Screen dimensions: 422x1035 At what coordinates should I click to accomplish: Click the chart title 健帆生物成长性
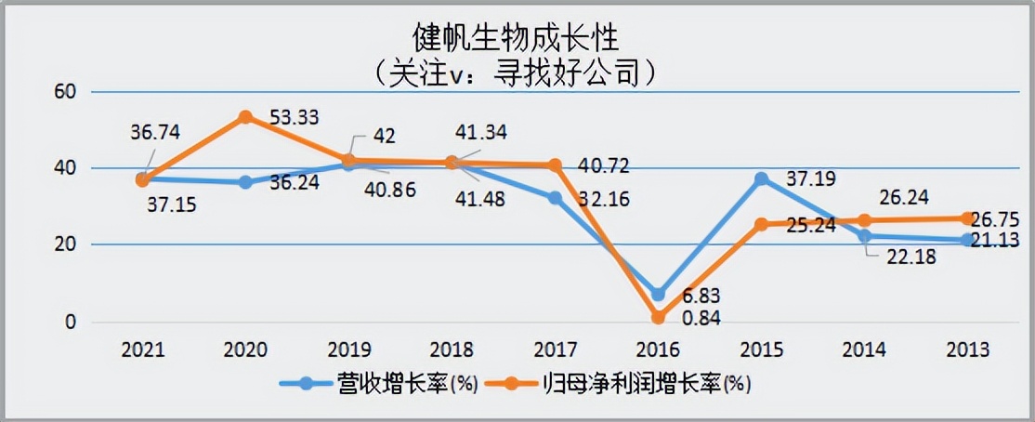click(517, 37)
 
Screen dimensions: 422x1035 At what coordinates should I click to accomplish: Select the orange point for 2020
click(245, 117)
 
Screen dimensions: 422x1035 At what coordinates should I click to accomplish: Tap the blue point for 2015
click(762, 178)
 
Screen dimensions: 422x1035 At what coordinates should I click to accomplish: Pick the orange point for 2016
click(659, 318)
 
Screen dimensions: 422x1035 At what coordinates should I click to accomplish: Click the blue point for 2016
click(659, 295)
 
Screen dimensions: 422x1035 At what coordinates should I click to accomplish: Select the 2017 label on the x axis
click(555, 349)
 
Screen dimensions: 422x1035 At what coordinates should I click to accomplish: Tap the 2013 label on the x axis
click(967, 349)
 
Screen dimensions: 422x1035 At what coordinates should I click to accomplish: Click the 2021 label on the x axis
click(142, 349)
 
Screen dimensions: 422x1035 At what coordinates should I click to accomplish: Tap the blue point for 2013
click(967, 240)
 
